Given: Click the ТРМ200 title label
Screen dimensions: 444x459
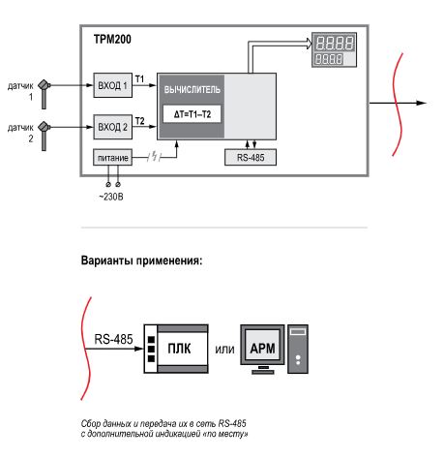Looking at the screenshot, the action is pyautogui.click(x=112, y=39).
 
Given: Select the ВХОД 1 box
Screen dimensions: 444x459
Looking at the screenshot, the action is pyautogui.click(x=112, y=85).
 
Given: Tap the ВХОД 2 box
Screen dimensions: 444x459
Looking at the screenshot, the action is pyautogui.click(x=112, y=127).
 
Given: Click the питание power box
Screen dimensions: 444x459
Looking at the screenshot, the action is pyautogui.click(x=112, y=158).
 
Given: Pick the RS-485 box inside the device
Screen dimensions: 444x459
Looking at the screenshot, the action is pyautogui.click(x=251, y=157).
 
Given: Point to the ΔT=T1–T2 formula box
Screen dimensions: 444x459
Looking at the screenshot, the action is pyautogui.click(x=192, y=114).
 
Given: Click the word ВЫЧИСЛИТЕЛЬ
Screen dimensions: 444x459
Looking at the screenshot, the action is pyautogui.click(x=192, y=90).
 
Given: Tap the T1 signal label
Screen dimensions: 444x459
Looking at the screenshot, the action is pyautogui.click(x=139, y=78).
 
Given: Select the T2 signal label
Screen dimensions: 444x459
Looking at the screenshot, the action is pyautogui.click(x=139, y=121).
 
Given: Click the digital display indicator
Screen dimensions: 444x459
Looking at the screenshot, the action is pyautogui.click(x=334, y=49).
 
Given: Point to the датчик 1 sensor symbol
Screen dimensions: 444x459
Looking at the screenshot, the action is pyautogui.click(x=44, y=94).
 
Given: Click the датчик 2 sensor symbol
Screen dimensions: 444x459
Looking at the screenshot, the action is pyautogui.click(x=44, y=136).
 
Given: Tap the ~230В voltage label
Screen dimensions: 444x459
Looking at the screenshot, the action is pyautogui.click(x=111, y=197).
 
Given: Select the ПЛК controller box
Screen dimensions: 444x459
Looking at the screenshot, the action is pyautogui.click(x=176, y=349).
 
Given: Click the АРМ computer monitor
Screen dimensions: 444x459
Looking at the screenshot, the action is pyautogui.click(x=262, y=349).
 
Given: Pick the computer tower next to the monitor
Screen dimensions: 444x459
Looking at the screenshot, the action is pyautogui.click(x=298, y=349).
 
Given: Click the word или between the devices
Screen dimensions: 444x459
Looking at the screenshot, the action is pyautogui.click(x=224, y=350).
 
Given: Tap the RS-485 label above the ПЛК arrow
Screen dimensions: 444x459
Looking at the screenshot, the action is pyautogui.click(x=113, y=339).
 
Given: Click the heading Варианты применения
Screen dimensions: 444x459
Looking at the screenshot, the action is pyautogui.click(x=141, y=260).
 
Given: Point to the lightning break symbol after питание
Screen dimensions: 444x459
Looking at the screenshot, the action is pyautogui.click(x=155, y=157).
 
